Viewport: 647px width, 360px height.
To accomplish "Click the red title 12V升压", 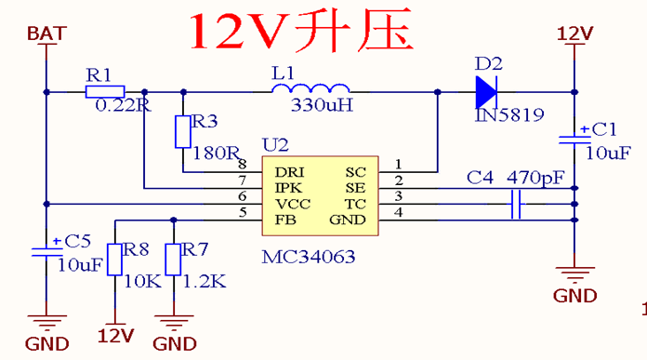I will pos(299,32).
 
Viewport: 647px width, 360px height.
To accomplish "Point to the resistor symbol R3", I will pos(183,131).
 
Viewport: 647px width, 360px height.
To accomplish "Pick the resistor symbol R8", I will pos(114,260).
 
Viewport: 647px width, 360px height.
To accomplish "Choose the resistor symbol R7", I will pos(173,260).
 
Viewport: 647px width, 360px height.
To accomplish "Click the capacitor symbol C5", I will pos(46,251).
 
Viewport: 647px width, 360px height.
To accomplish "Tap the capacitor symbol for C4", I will pos(516,205).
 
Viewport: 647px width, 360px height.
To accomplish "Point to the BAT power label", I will pos(46,33).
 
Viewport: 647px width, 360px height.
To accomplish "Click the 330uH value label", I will pos(322,105).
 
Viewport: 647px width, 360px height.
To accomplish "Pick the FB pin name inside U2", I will pos(284,220).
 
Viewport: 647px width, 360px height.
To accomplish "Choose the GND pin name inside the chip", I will pos(349,220).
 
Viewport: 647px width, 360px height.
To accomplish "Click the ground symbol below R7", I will pos(174,323).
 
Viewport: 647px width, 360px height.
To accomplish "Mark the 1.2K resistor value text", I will pos(205,281).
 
